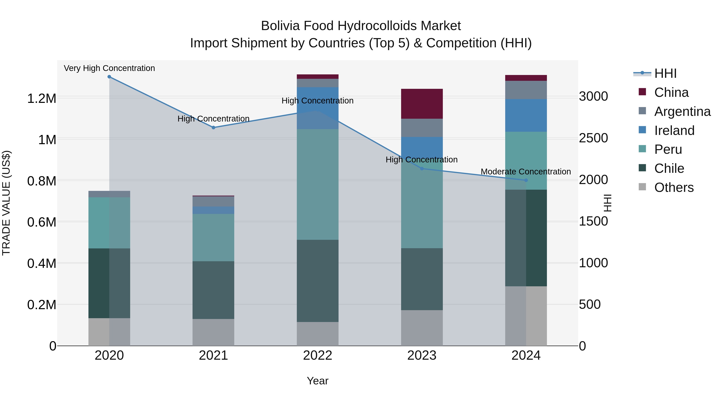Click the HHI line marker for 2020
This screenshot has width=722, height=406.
(109, 77)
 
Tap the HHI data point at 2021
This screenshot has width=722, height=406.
(213, 128)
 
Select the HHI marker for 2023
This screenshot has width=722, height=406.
(422, 169)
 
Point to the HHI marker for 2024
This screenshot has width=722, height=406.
(526, 180)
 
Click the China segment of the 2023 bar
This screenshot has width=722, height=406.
(422, 104)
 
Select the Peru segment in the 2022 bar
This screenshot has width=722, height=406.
(317, 184)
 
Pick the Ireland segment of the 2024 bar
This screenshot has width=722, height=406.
(526, 115)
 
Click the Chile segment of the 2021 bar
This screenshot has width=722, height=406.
(213, 290)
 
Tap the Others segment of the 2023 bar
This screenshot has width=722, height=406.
(422, 328)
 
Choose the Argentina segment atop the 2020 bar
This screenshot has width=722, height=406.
(109, 194)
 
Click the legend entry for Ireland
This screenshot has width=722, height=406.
(674, 131)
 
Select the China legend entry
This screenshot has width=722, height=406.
(671, 92)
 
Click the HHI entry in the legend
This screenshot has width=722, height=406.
(665, 73)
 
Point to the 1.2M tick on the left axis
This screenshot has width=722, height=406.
(42, 99)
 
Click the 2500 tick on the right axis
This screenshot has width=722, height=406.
(593, 138)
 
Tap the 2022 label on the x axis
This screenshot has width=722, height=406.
(317, 355)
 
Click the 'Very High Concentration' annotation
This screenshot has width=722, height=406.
(109, 68)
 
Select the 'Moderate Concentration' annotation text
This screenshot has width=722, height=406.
(526, 171)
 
